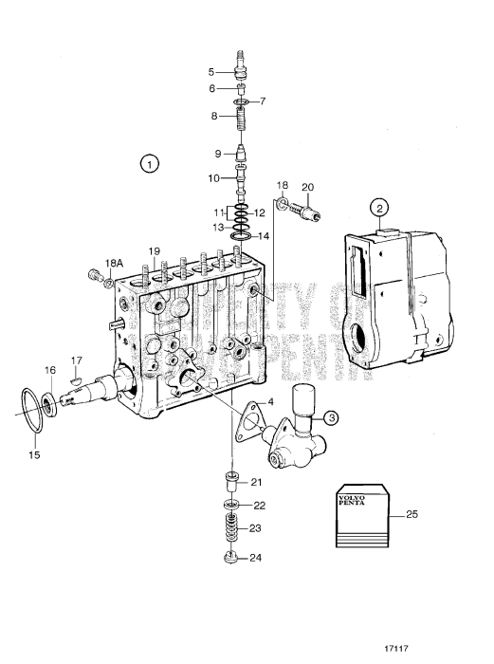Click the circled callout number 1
(148, 163)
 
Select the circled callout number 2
(379, 209)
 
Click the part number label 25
(412, 515)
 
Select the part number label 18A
(114, 262)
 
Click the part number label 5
(212, 70)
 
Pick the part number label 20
(307, 186)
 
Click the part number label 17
(77, 360)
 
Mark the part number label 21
(255, 482)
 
